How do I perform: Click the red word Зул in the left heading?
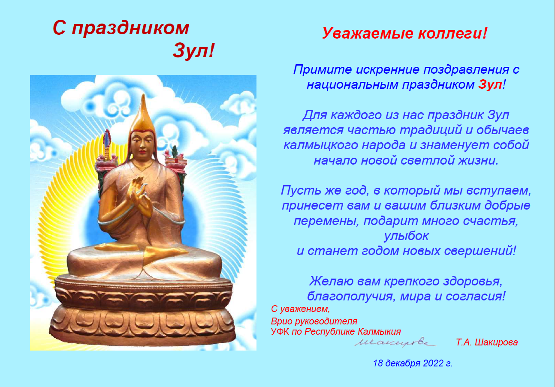click(x=190, y=51)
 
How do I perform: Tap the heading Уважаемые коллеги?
click(x=404, y=33)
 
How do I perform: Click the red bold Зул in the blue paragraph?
click(x=490, y=85)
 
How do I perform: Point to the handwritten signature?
click(x=395, y=342)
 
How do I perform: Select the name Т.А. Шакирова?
click(x=487, y=342)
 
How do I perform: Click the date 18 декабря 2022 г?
click(x=413, y=363)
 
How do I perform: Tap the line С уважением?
click(x=301, y=309)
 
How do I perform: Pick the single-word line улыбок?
click(x=406, y=236)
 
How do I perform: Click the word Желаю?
click(x=331, y=281)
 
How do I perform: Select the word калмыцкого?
click(x=321, y=145)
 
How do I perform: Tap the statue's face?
click(x=142, y=144)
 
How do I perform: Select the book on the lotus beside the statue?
click(x=176, y=162)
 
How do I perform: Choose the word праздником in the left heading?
click(x=130, y=28)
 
